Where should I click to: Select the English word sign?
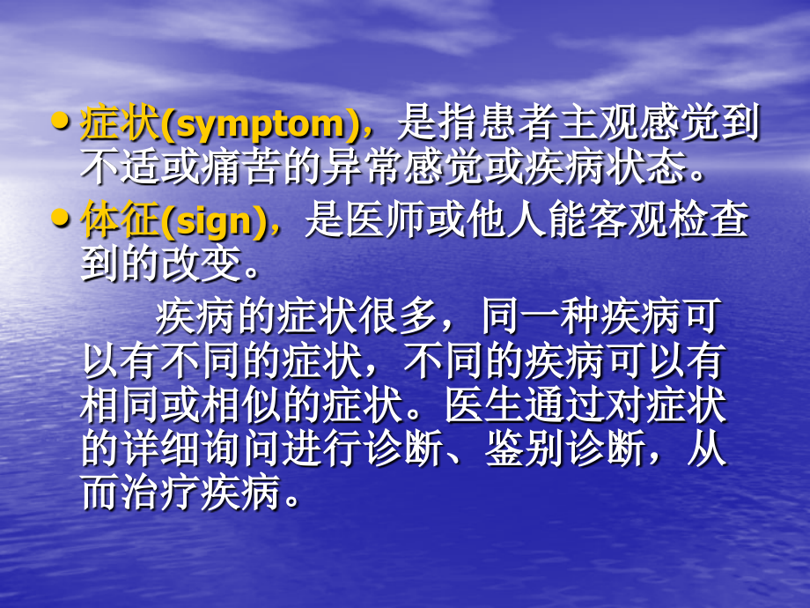tap(217, 223)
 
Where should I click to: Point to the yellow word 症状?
tap(117, 124)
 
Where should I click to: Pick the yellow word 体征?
tap(117, 222)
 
